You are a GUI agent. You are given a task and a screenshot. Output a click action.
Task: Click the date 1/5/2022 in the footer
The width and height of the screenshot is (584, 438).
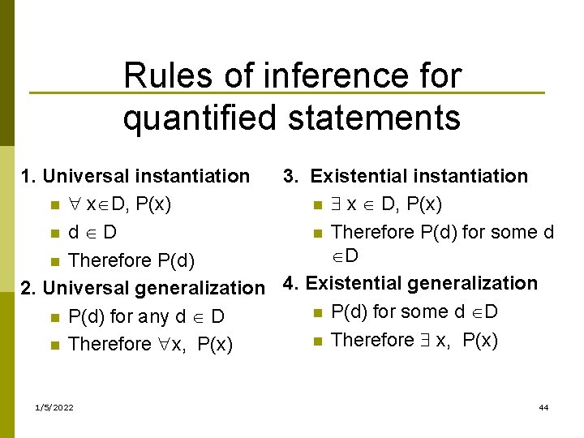[51, 406]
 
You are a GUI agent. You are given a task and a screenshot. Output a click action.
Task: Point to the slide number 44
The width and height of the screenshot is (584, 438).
[543, 406]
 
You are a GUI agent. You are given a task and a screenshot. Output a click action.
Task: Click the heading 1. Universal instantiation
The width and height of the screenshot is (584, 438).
[135, 176]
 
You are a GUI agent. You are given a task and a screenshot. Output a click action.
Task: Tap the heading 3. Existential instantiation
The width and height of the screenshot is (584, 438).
[405, 176]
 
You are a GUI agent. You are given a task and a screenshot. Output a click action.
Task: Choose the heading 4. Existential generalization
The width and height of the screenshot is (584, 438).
[410, 283]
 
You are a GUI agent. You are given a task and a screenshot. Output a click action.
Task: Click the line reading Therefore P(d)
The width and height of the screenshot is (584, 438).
[131, 260]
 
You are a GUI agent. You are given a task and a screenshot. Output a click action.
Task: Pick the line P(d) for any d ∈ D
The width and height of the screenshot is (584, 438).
[146, 316]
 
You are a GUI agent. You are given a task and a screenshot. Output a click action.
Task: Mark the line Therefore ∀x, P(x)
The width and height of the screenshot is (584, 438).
[151, 345]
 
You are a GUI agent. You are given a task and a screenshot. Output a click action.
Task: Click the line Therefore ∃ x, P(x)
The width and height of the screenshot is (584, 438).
[414, 340]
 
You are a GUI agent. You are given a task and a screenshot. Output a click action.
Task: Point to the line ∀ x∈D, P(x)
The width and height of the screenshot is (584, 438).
[120, 204]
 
